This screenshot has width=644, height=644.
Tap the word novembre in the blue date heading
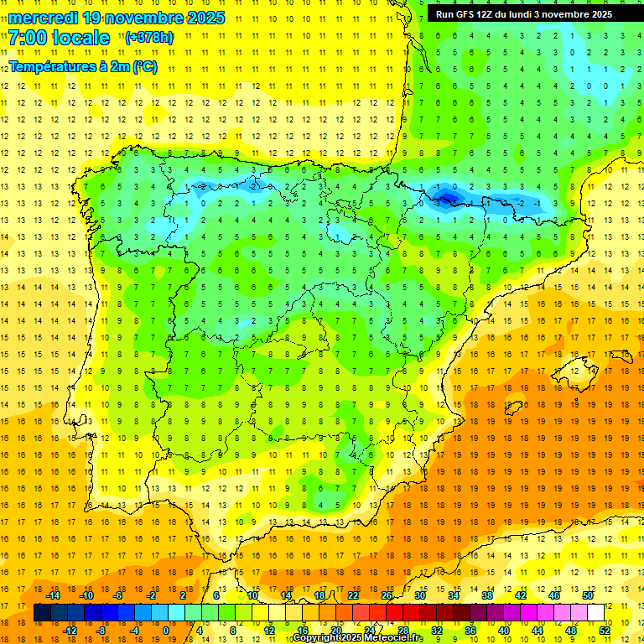(x=146, y=18)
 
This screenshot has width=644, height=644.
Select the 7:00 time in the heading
(x=27, y=38)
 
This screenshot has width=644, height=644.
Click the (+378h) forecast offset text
(x=149, y=38)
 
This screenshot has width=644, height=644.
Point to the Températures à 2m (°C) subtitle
(x=82, y=67)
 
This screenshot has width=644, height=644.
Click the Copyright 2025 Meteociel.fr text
(x=357, y=638)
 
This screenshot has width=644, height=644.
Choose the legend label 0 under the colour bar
(x=166, y=631)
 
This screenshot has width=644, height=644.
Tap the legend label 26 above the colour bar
(x=387, y=595)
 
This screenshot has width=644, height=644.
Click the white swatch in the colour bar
(x=596, y=613)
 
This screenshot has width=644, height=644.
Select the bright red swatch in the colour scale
(x=394, y=613)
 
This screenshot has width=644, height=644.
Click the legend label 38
(x=486, y=595)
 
